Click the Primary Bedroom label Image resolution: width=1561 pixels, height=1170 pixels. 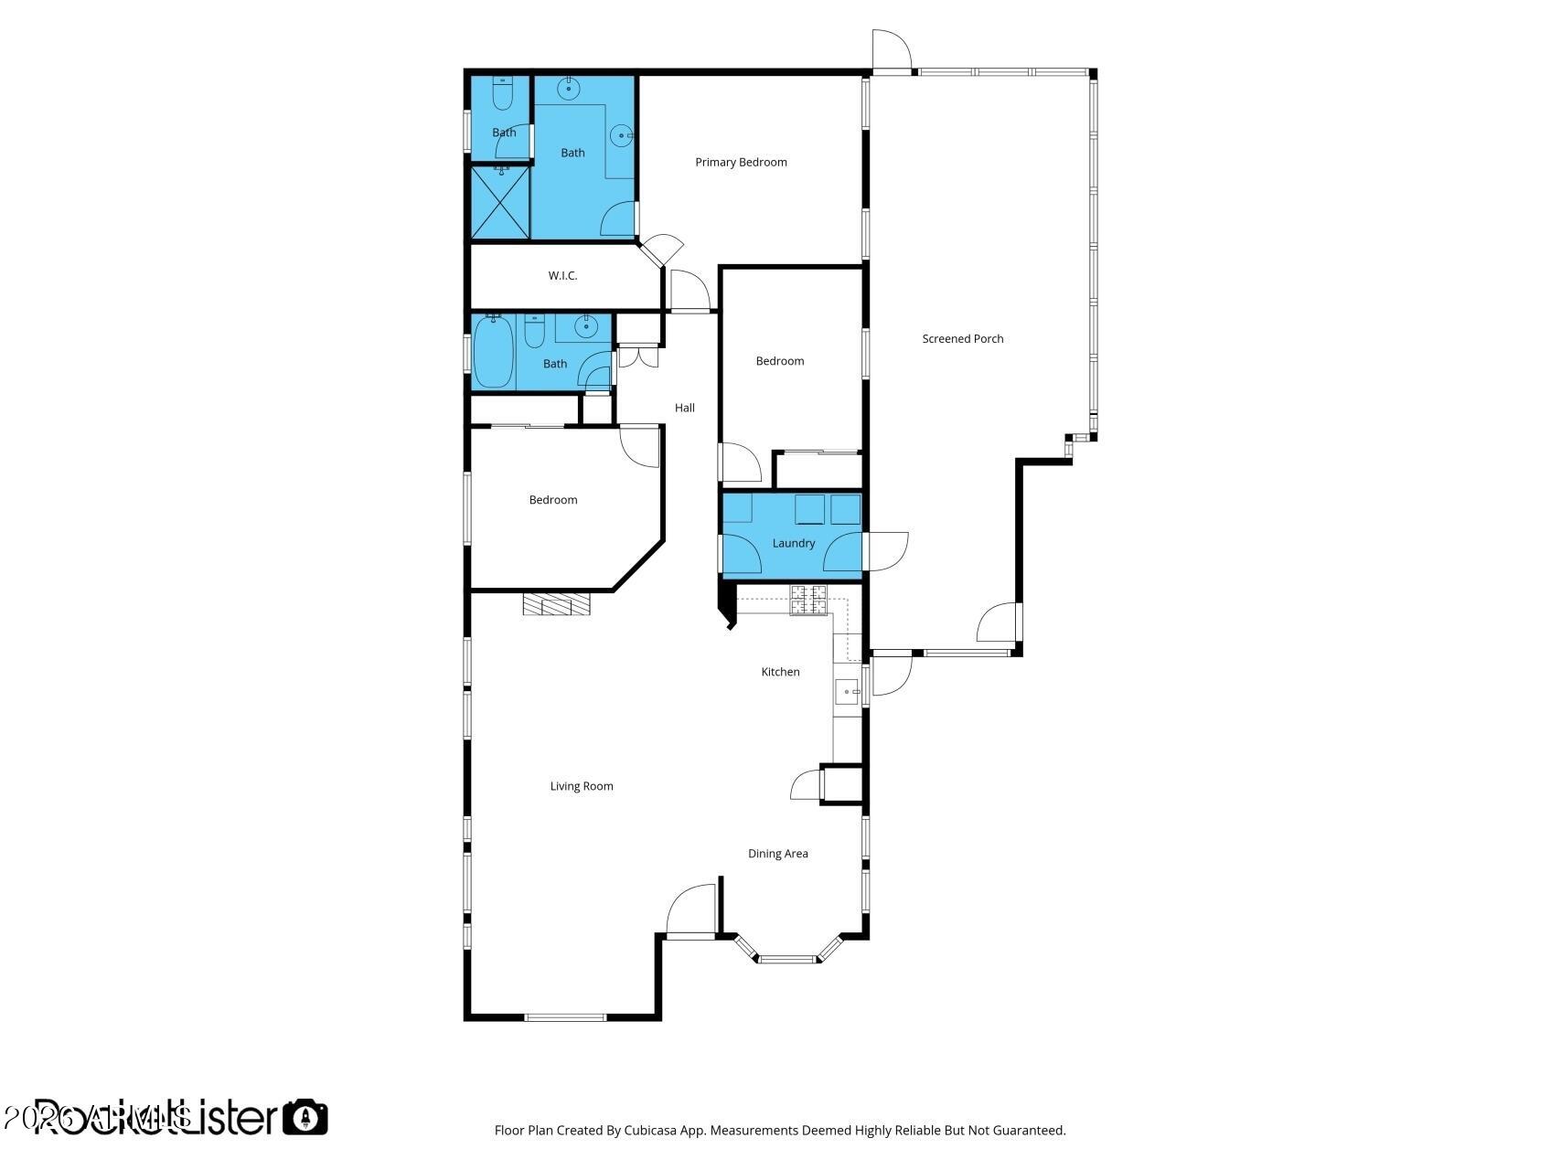click(741, 163)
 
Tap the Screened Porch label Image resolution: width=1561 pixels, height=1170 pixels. click(962, 339)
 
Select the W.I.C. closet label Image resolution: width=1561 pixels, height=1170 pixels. click(562, 276)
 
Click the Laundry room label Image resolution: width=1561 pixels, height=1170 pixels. click(793, 543)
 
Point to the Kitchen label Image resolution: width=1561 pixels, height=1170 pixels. click(780, 672)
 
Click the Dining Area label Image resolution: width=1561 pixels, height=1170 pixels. click(777, 854)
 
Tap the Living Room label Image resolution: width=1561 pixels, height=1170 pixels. click(582, 786)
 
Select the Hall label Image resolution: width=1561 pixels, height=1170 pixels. click(684, 409)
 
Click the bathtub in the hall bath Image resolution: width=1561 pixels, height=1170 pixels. click(494, 352)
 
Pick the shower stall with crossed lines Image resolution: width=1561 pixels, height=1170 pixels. click(500, 202)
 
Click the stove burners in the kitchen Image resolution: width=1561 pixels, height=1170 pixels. click(808, 600)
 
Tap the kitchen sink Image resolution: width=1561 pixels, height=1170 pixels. click(847, 692)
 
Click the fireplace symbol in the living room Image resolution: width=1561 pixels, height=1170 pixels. click(557, 604)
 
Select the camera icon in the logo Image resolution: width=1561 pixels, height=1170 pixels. click(305, 1117)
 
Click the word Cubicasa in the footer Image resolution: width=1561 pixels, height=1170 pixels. click(649, 1131)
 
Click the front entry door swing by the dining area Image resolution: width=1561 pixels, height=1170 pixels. click(692, 911)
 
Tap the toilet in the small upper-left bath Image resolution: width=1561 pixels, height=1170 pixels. click(502, 91)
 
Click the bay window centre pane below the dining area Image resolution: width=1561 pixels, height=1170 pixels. click(786, 959)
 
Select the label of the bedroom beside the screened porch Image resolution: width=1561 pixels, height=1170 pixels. click(779, 361)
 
